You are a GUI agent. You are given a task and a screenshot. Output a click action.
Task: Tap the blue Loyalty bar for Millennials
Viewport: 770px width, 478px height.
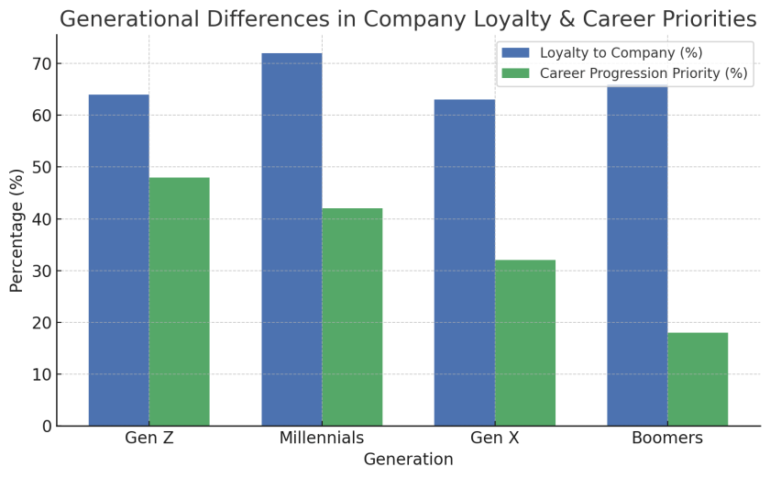pyautogui.click(x=291, y=239)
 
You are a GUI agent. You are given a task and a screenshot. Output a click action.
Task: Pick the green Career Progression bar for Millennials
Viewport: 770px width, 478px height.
pyautogui.click(x=352, y=317)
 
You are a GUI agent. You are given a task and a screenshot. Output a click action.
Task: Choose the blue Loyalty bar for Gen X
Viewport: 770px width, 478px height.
pyautogui.click(x=465, y=262)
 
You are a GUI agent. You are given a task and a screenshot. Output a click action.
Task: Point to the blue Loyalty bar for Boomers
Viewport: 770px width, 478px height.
pyautogui.click(x=637, y=256)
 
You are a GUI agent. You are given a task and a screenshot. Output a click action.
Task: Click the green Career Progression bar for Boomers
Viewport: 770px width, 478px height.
pyautogui.click(x=698, y=379)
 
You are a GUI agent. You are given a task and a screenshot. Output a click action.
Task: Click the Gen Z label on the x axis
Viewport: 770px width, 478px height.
pyautogui.click(x=149, y=439)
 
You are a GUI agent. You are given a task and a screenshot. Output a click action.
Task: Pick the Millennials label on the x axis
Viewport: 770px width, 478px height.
pyautogui.click(x=322, y=439)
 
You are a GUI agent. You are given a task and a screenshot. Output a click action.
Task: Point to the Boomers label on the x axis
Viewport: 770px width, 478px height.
pyautogui.click(x=667, y=439)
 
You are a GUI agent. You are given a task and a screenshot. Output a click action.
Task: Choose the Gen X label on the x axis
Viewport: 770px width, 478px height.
pyautogui.click(x=495, y=439)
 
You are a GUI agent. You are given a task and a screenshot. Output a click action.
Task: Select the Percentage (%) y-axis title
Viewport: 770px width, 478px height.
pyautogui.click(x=16, y=230)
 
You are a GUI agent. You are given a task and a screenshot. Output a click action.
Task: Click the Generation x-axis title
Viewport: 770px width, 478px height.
pyautogui.click(x=408, y=460)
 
